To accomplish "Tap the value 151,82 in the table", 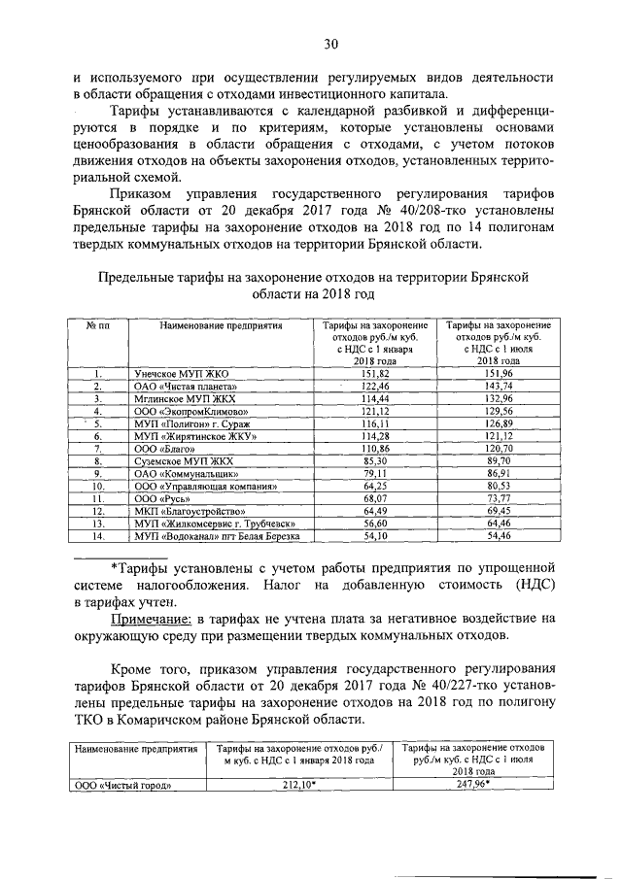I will [x=374, y=373].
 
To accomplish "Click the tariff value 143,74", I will [x=495, y=386].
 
